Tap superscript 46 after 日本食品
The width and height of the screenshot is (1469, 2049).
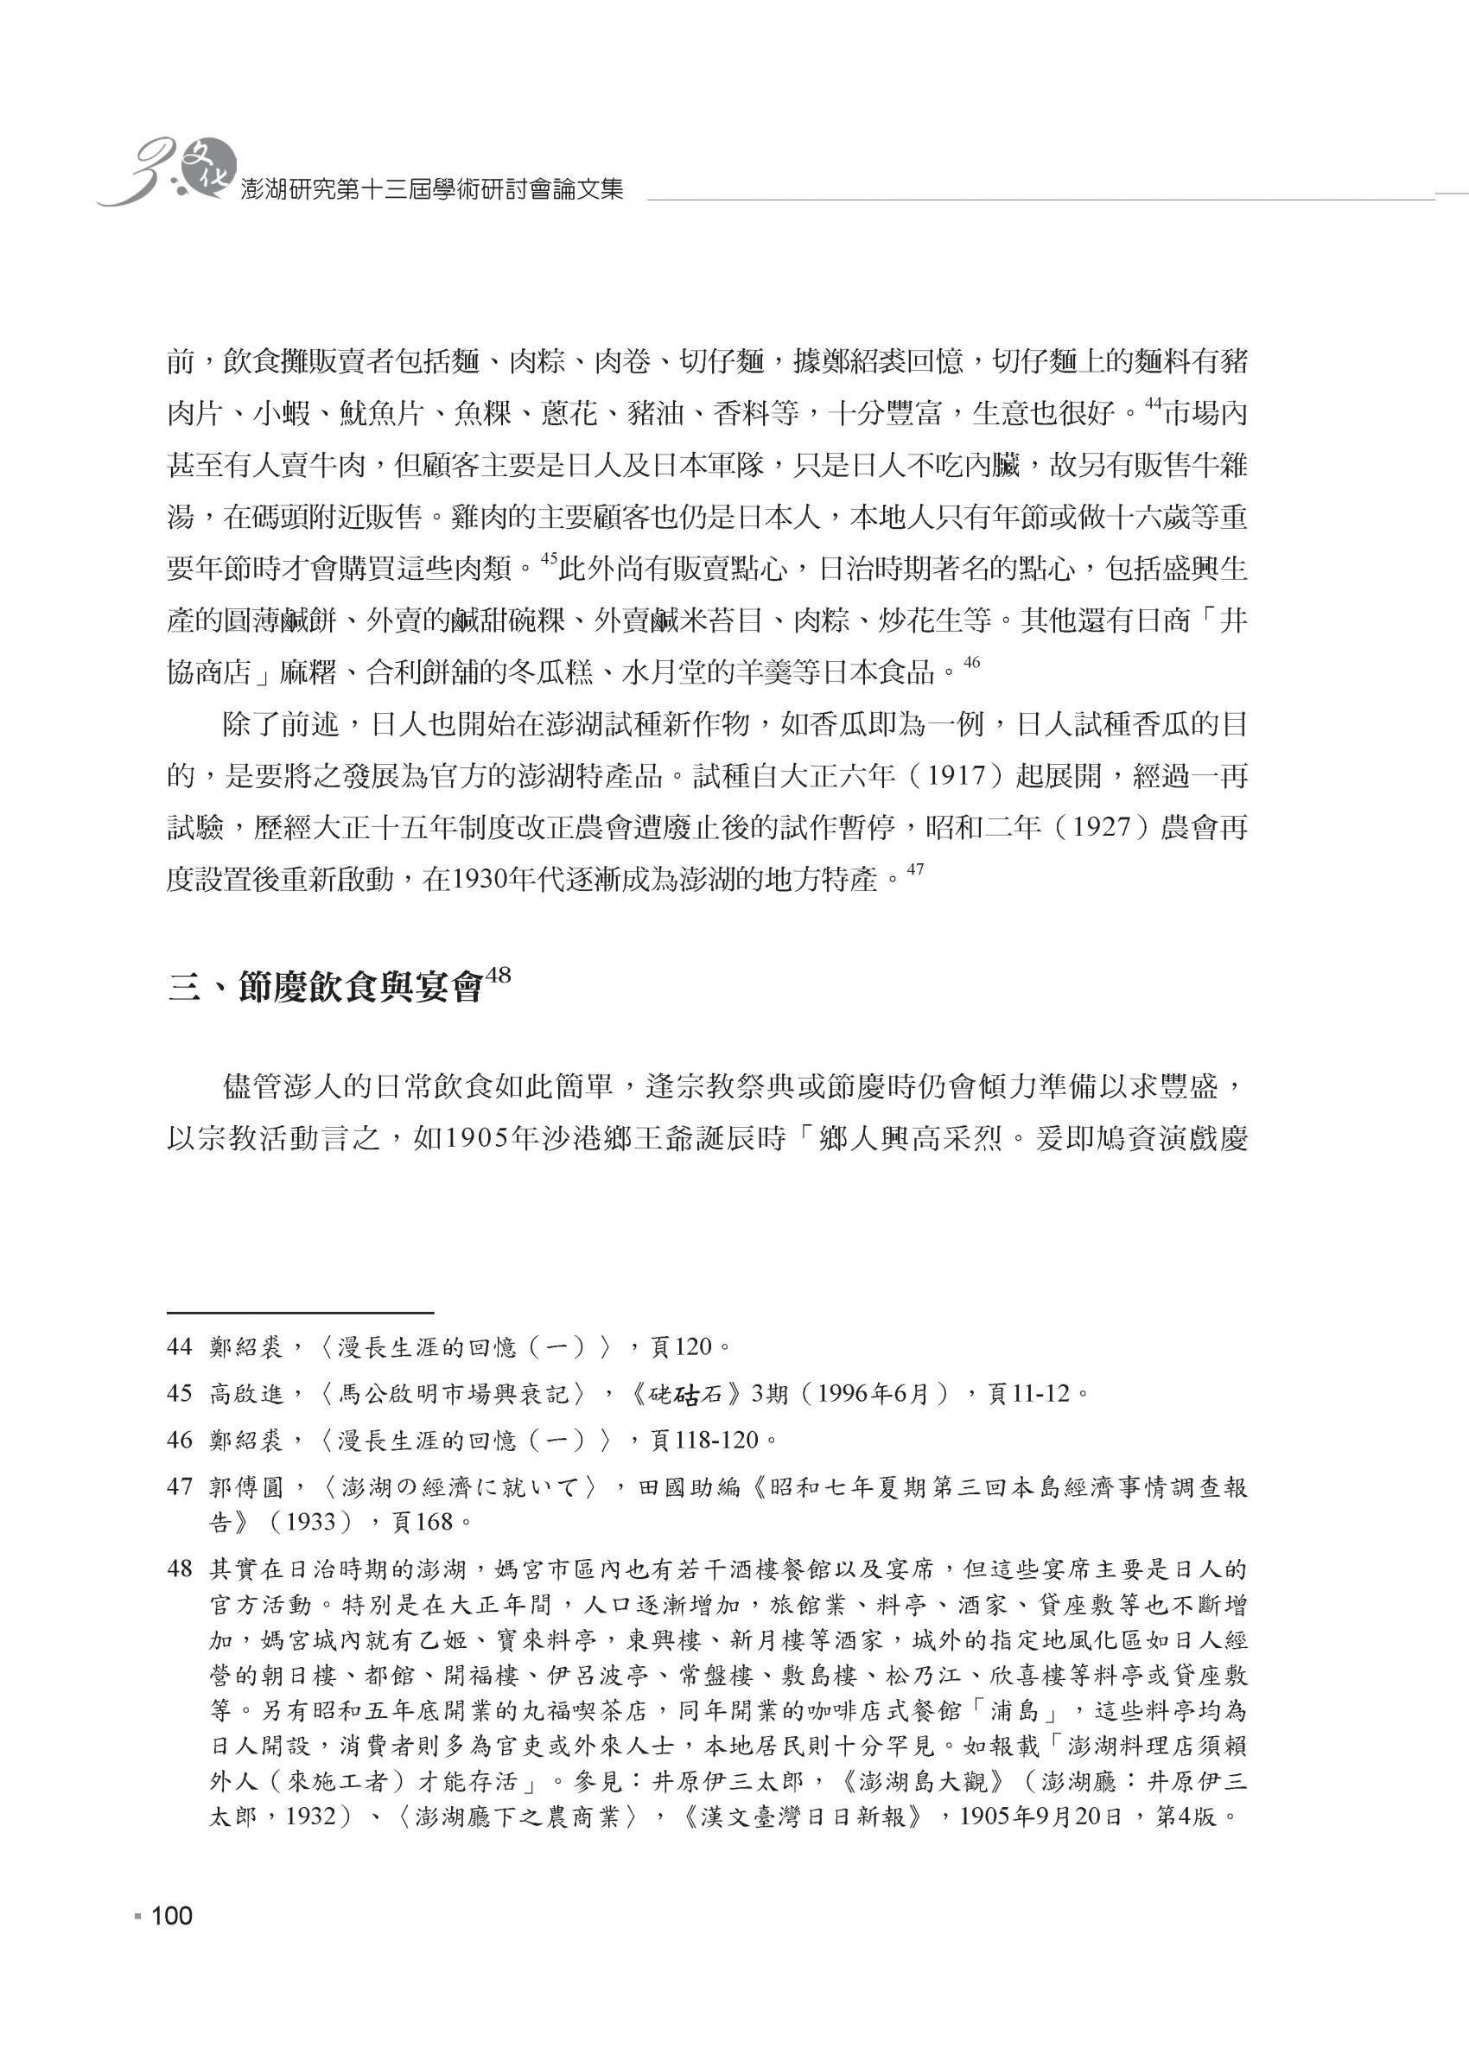(972, 662)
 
